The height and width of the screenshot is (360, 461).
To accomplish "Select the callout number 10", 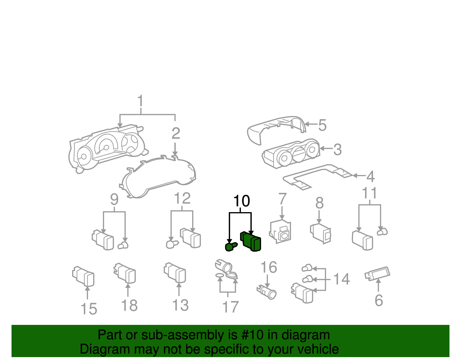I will (x=241, y=201).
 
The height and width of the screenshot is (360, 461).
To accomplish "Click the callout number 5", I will (x=322, y=125).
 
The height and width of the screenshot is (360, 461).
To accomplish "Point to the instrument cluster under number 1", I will (x=107, y=148).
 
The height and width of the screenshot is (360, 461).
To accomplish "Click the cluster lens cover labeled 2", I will (x=158, y=177).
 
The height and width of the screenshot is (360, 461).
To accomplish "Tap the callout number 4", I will (x=371, y=177).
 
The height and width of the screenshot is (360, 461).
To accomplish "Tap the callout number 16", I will (x=269, y=267).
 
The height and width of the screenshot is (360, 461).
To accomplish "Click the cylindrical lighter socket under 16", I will (x=267, y=291).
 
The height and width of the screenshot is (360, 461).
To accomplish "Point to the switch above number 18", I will (x=125, y=273).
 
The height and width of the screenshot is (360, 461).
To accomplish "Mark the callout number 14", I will (x=341, y=279).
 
